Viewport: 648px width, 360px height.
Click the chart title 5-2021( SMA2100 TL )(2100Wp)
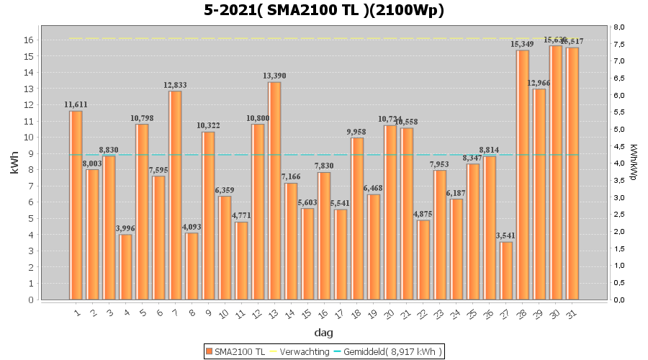point(324,10)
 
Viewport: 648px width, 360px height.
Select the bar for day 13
point(274,191)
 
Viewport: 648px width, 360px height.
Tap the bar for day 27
point(506,271)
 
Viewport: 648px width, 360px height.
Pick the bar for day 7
point(175,195)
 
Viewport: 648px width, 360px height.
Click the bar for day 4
point(125,267)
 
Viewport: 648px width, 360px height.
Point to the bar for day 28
point(523,175)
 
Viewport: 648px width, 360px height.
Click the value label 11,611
point(76,105)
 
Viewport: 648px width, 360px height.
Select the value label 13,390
point(274,76)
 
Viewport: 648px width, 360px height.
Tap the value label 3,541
point(506,236)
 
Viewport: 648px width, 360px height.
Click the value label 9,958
point(357,132)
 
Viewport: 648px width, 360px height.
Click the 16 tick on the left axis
point(29,40)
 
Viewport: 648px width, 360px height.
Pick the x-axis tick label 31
point(571,313)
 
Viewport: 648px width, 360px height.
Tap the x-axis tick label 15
point(306,313)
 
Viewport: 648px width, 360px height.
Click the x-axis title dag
point(323,333)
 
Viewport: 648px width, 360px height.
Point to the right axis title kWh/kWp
point(633,163)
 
